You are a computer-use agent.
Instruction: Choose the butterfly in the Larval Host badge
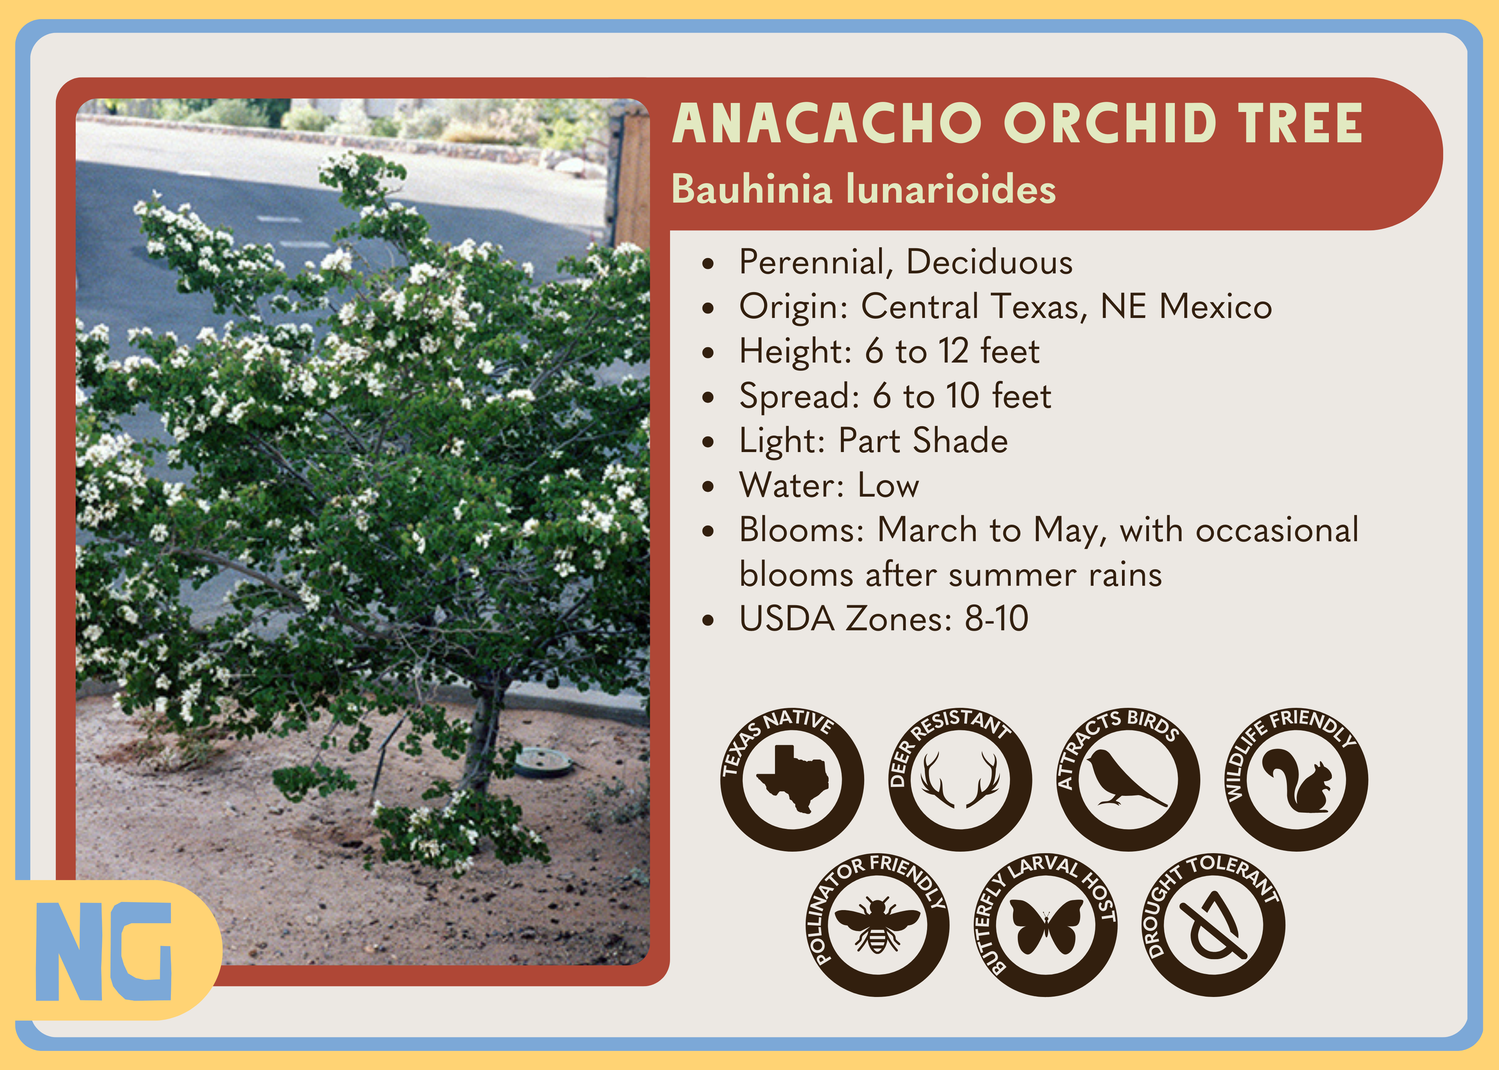point(1046,926)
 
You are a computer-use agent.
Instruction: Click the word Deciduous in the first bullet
point(989,262)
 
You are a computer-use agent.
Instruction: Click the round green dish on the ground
point(543,762)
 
